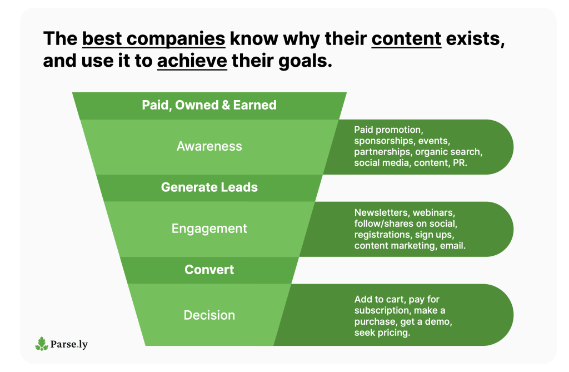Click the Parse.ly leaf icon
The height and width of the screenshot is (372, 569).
click(42, 344)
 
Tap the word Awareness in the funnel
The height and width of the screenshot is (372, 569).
click(209, 146)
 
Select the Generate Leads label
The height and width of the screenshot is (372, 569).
click(209, 187)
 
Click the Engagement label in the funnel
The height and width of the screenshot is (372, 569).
click(209, 229)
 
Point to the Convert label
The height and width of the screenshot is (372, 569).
click(209, 270)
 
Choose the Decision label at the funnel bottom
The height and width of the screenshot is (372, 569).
click(209, 315)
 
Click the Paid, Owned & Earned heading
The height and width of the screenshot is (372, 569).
click(209, 105)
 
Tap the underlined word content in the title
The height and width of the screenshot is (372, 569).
click(406, 39)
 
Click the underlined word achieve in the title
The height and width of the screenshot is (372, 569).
click(192, 61)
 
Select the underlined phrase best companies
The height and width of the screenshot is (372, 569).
click(153, 39)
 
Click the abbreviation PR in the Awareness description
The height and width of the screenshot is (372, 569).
click(460, 163)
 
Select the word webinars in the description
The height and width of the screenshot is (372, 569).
click(433, 212)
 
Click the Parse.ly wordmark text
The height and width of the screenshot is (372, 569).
click(69, 344)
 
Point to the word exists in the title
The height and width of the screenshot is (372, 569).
click(475, 39)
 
